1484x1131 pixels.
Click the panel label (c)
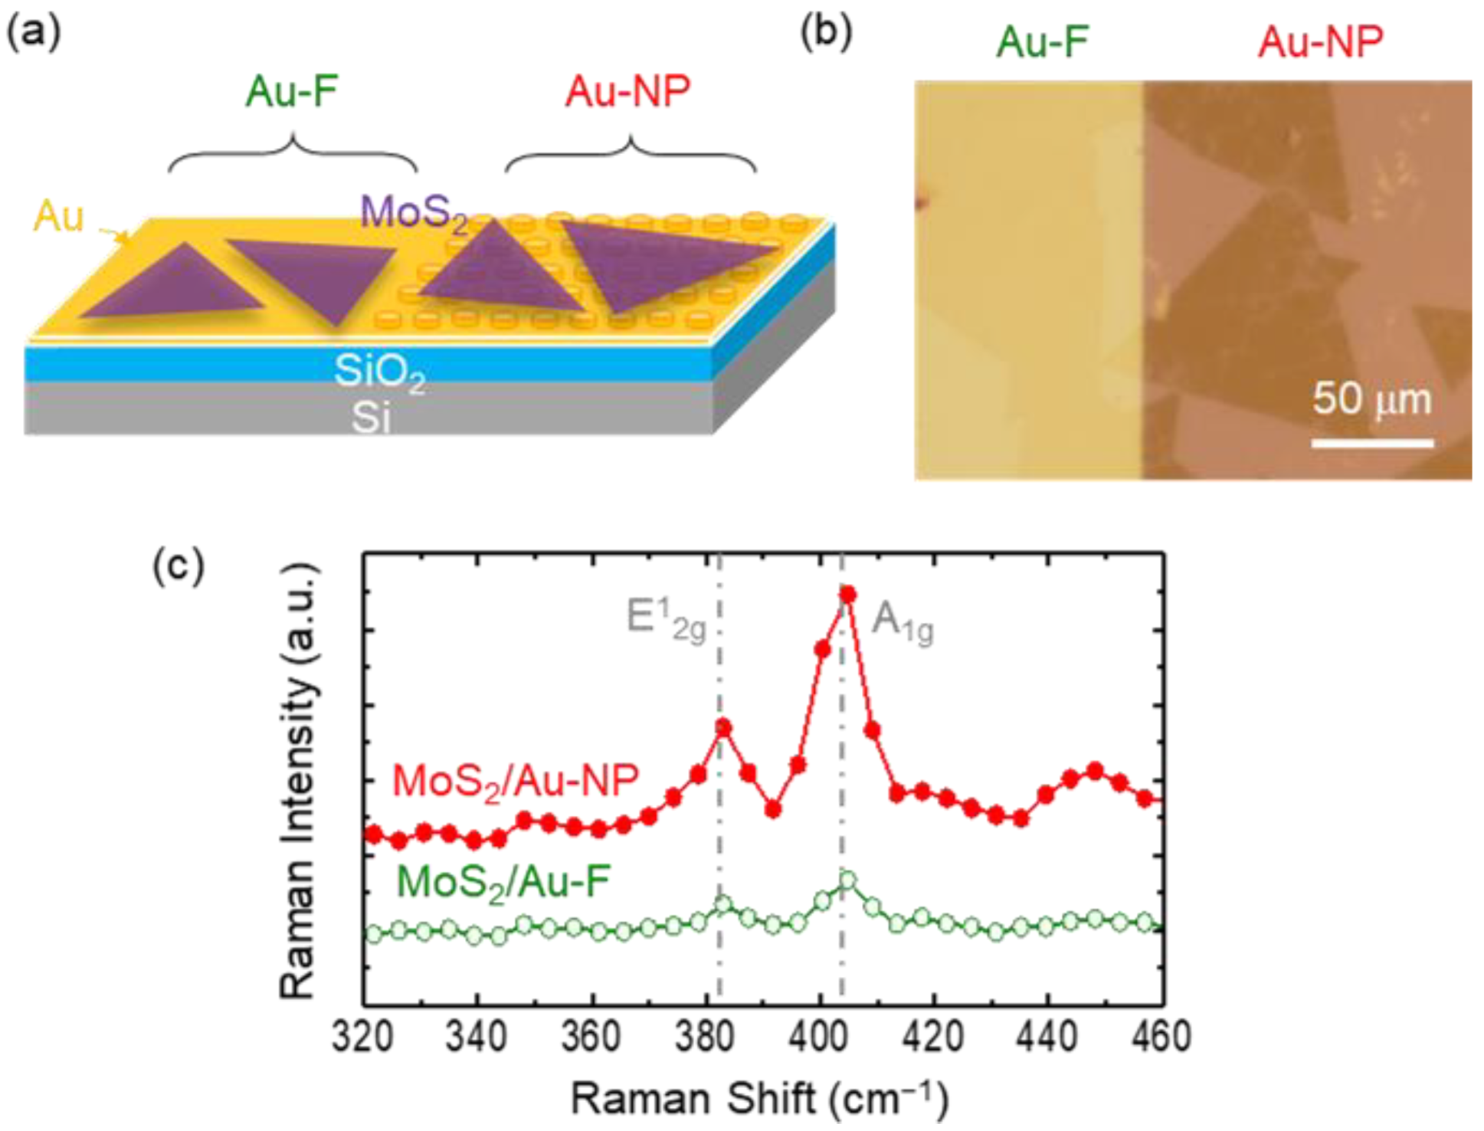pyautogui.click(x=179, y=567)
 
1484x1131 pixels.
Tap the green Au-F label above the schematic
pyautogui.click(x=291, y=92)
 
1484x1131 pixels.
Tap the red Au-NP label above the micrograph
pyautogui.click(x=1320, y=42)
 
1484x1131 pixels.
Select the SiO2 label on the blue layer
pyautogui.click(x=379, y=372)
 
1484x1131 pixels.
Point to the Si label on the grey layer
pyautogui.click(x=371, y=418)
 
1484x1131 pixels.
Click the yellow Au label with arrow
pyautogui.click(x=58, y=217)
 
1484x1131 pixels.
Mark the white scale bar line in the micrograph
pyautogui.click(x=1371, y=443)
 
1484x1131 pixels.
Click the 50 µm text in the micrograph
pyautogui.click(x=1371, y=398)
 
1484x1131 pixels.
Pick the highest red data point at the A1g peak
pyautogui.click(x=847, y=594)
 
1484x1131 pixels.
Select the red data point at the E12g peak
pyautogui.click(x=722, y=727)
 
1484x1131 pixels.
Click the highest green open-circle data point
pyautogui.click(x=847, y=880)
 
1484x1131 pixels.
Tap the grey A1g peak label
pyautogui.click(x=903, y=622)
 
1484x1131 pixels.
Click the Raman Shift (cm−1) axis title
pyautogui.click(x=758, y=1099)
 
